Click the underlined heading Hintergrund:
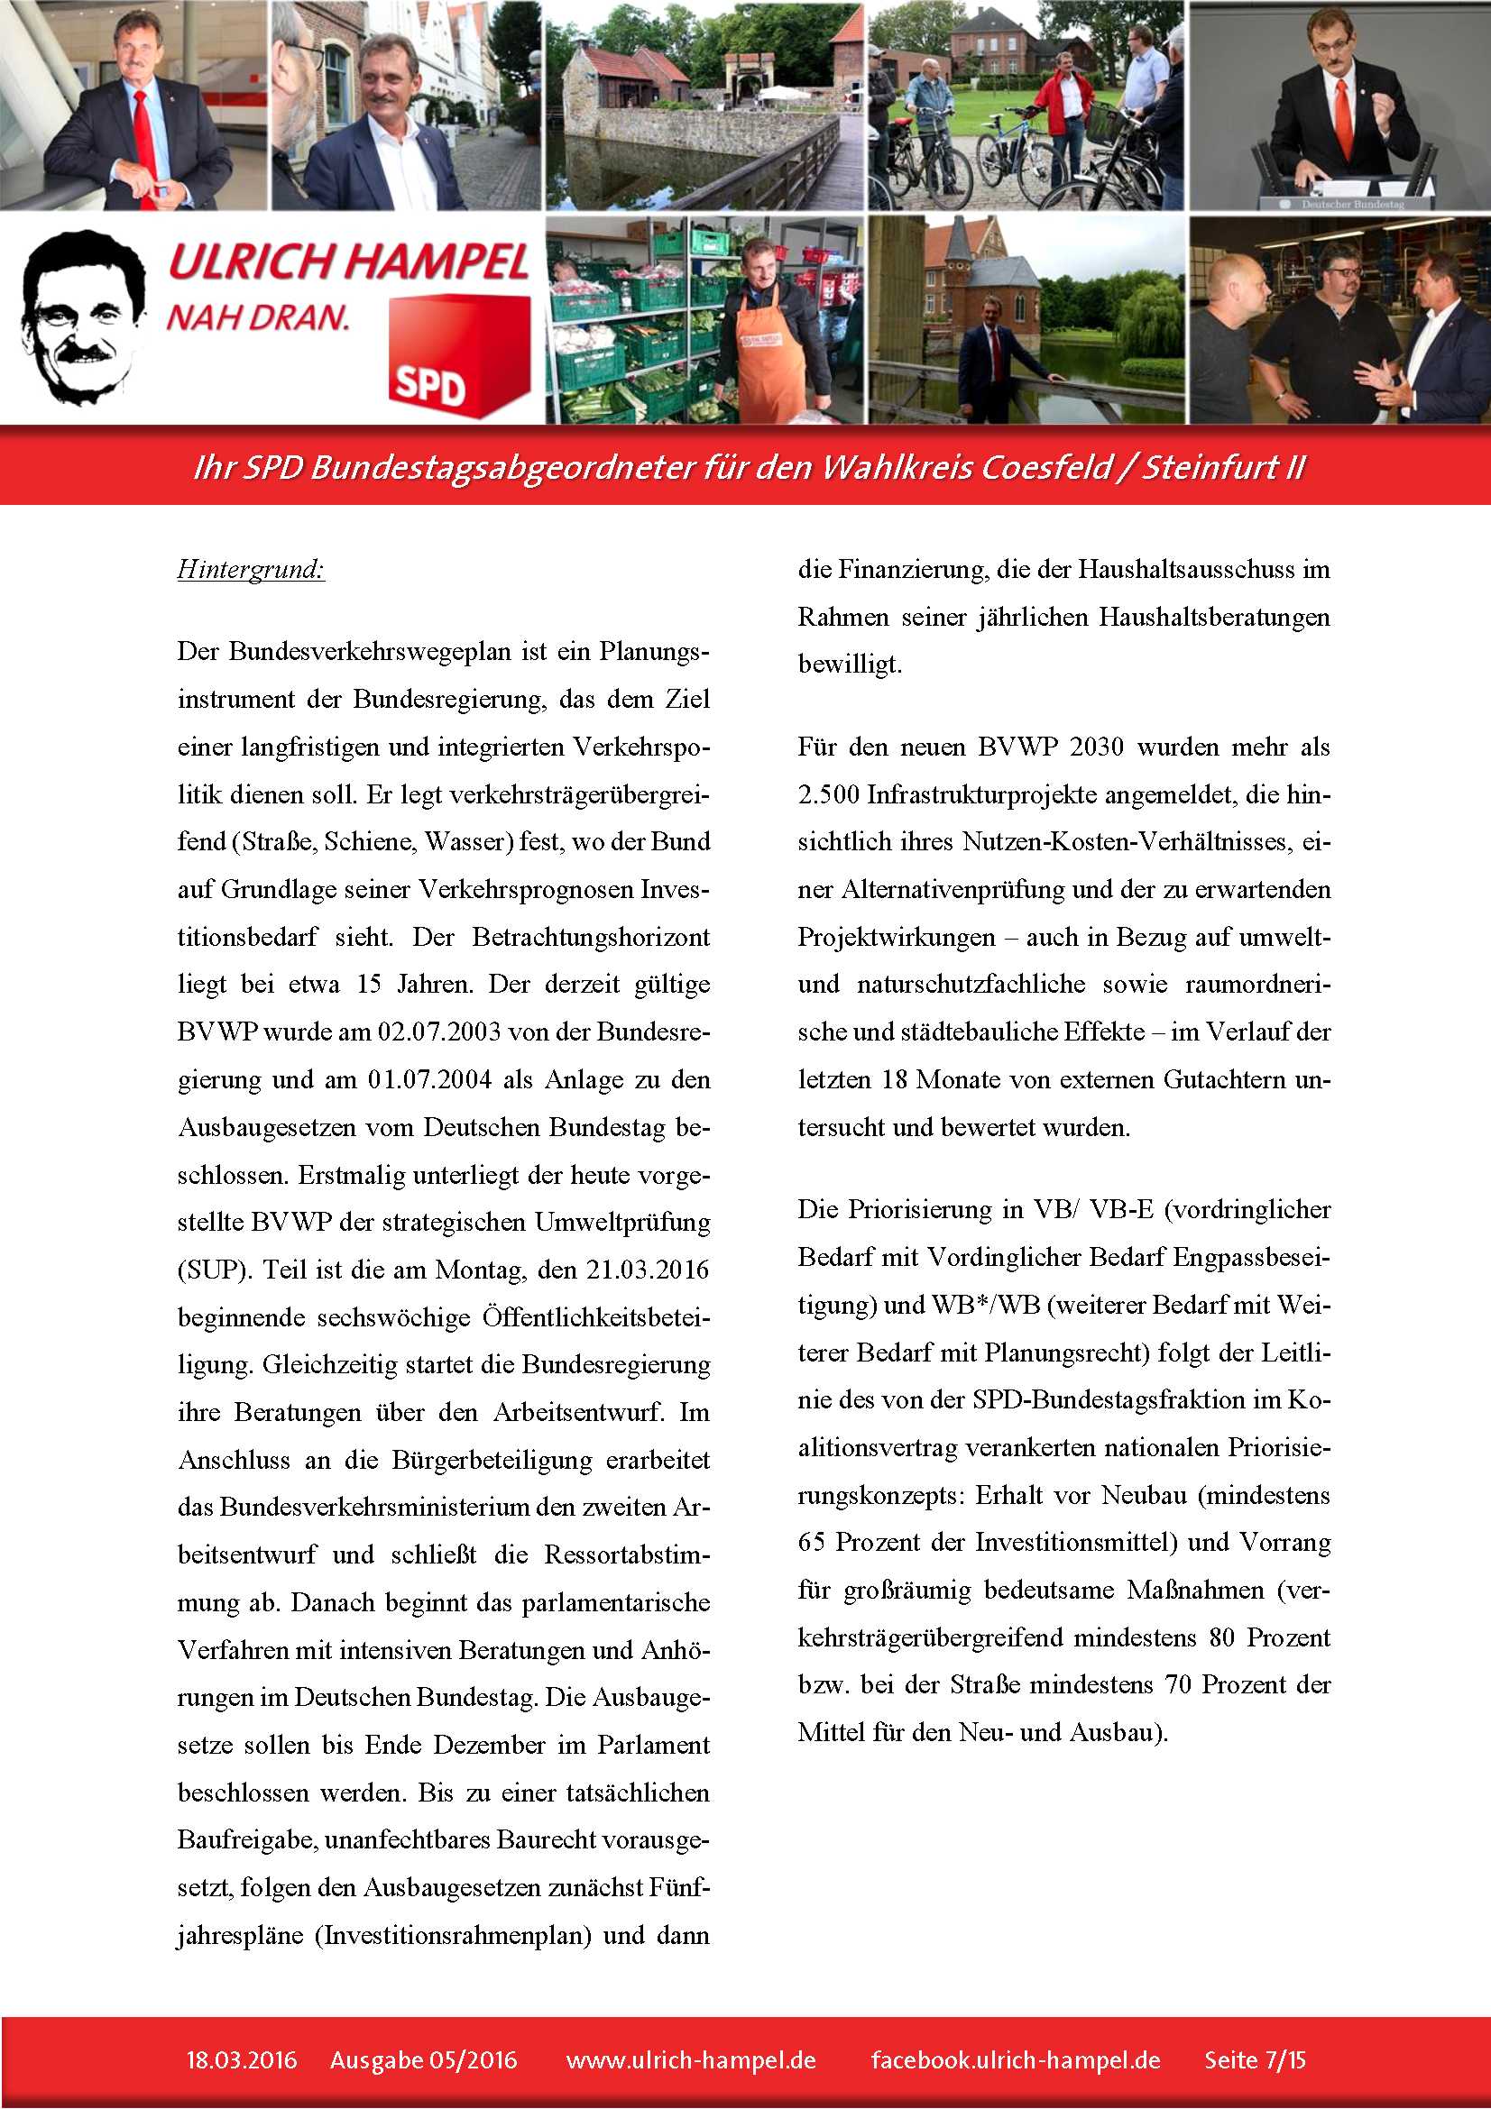point(251,570)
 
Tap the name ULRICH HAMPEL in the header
point(348,261)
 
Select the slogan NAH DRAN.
point(258,317)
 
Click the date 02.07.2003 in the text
point(439,1032)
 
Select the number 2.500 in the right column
point(828,794)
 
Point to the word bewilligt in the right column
point(849,665)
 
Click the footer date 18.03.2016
point(242,2059)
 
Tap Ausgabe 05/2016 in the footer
point(424,2059)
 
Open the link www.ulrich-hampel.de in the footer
point(691,2059)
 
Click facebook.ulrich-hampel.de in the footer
point(1015,2059)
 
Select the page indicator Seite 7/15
point(1255,2059)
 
